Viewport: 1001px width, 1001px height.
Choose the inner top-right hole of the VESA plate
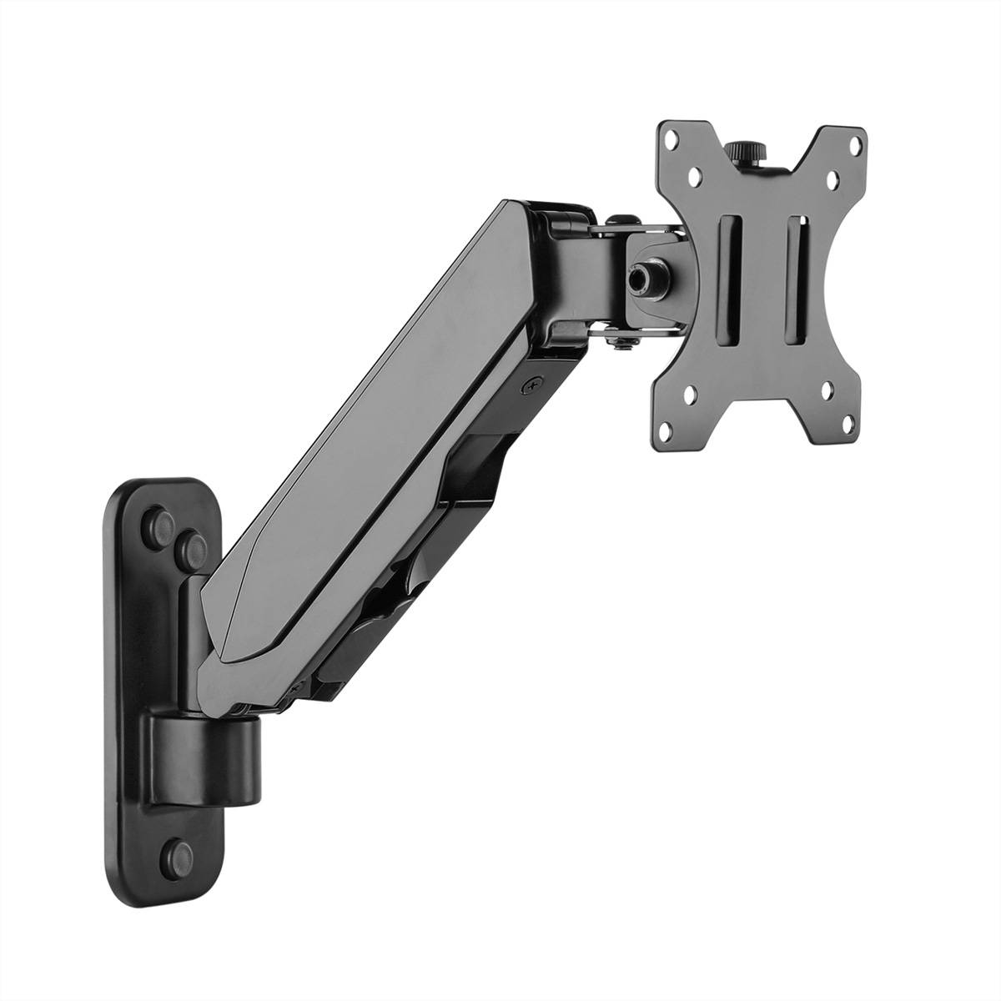coord(831,179)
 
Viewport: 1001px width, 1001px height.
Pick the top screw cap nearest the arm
coord(193,546)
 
